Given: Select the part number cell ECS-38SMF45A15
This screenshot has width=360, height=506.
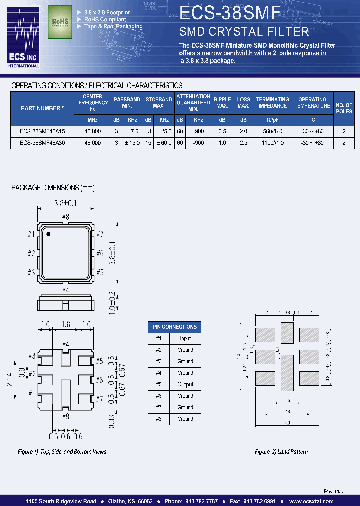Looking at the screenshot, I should click(42, 130).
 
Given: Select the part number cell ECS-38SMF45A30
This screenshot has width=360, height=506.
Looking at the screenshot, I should click(42, 142).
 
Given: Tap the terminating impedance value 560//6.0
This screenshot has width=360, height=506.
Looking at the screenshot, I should click(273, 130).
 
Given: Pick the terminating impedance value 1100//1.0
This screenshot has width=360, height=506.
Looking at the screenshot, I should click(273, 142).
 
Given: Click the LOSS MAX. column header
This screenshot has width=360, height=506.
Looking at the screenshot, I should click(243, 102).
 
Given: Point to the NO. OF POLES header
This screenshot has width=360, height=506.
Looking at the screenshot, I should click(344, 108).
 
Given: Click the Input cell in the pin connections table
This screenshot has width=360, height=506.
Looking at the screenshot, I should click(185, 338).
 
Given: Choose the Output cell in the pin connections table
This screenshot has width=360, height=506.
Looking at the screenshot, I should click(185, 384).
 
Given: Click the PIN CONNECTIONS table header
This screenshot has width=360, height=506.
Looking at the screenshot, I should click(173, 327).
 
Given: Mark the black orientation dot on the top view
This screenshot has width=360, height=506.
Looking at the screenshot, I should click(48, 233).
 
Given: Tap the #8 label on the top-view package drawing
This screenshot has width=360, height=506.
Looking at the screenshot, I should click(65, 217).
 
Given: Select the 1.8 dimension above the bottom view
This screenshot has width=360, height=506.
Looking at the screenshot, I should click(66, 324).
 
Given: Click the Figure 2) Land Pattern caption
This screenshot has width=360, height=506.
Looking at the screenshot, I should click(281, 452).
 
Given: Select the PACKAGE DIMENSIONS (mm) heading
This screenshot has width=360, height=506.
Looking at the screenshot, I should click(53, 188).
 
